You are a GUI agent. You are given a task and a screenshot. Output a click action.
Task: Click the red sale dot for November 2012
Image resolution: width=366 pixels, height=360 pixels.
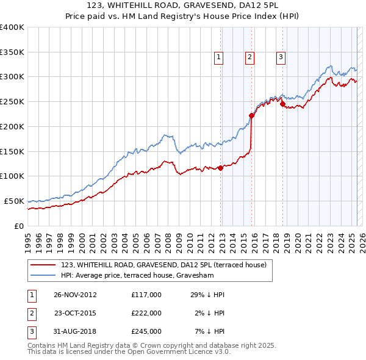pos(220,168)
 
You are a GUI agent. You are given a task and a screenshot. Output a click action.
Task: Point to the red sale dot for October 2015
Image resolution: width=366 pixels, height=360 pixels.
pos(251,115)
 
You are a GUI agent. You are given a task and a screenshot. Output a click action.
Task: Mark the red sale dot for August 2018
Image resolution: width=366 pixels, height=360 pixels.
pos(282,104)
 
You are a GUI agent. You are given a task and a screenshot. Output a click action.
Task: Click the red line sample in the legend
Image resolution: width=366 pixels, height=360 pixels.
pos(43,265)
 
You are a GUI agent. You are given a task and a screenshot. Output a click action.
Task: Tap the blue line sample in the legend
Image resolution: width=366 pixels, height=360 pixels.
pos(43,275)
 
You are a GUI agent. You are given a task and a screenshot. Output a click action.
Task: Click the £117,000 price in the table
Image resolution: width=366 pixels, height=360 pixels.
pos(146,295)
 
